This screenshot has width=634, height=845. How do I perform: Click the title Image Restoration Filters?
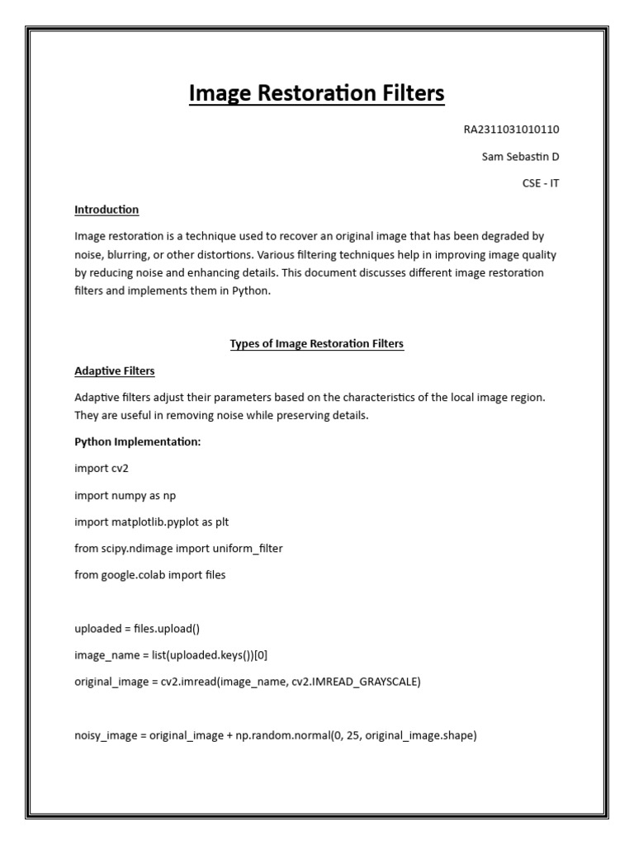[316, 93]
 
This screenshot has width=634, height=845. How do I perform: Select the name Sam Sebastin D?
[520, 157]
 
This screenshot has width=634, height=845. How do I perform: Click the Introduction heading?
[106, 210]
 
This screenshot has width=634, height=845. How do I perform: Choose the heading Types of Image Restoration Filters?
[316, 344]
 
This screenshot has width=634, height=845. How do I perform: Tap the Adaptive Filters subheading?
[114, 371]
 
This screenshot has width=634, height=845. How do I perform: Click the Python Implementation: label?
[137, 442]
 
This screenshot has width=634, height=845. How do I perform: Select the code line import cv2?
[102, 469]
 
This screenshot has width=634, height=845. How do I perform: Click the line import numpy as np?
[125, 495]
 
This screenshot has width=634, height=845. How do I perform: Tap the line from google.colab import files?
[149, 574]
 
